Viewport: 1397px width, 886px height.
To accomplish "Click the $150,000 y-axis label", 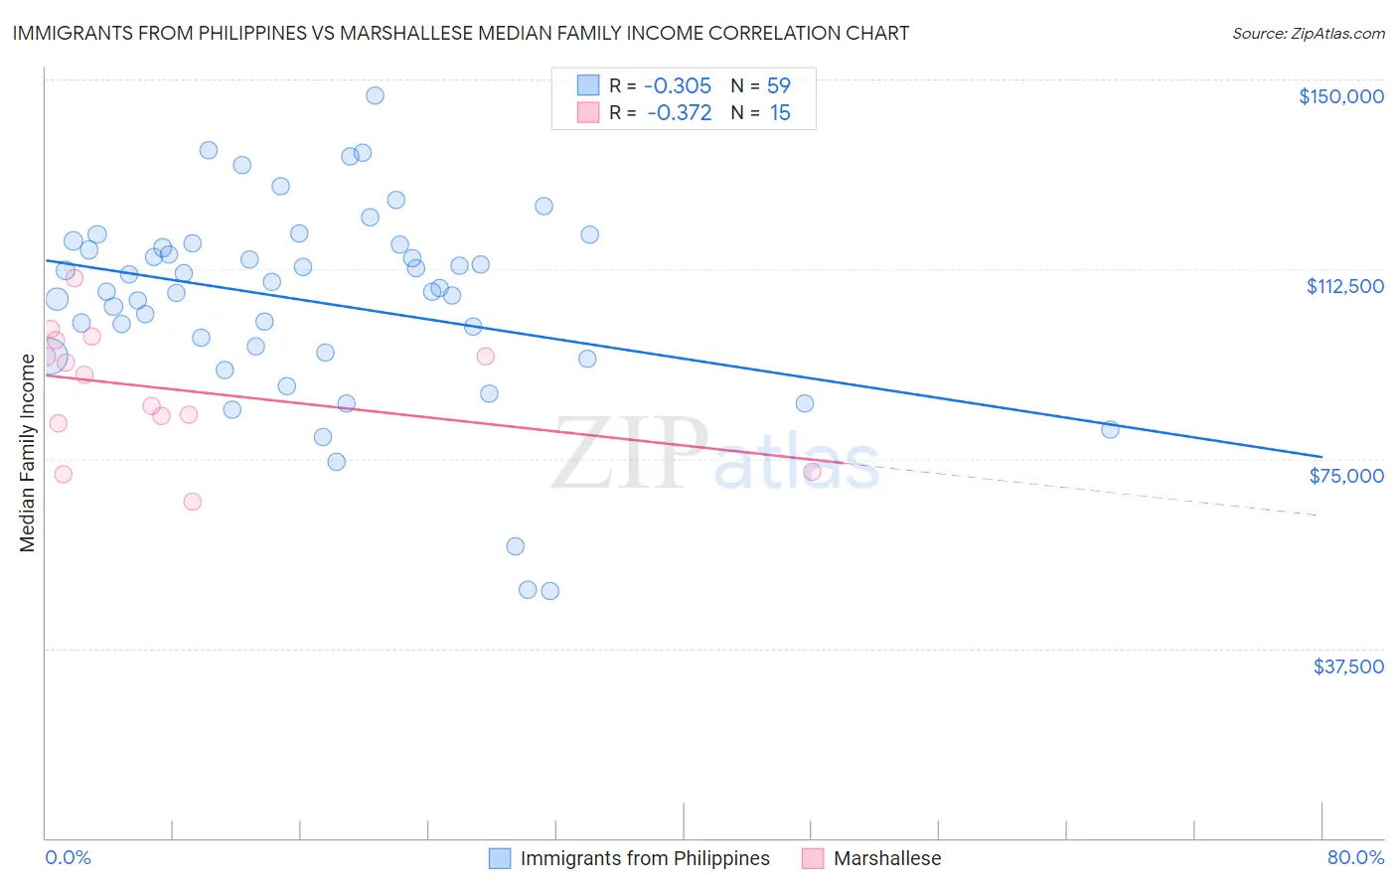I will (1340, 96).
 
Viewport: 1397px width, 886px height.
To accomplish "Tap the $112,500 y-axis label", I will (1344, 286).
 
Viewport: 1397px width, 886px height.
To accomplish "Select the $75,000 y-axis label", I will (1346, 476).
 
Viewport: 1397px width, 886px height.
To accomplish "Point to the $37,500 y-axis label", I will (1347, 666).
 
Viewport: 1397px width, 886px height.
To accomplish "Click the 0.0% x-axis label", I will (68, 857).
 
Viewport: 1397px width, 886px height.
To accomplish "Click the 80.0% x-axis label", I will (1355, 857).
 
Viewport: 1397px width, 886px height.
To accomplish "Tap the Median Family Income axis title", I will (28, 453).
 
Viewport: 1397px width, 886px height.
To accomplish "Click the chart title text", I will (460, 33).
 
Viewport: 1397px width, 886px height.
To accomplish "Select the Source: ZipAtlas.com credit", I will (1308, 34).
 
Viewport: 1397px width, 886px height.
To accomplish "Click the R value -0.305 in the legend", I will (677, 86).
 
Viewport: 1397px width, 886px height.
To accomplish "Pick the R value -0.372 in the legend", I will (679, 113).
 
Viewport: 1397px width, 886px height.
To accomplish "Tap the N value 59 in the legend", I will (778, 86).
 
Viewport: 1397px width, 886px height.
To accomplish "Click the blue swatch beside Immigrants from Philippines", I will (500, 858).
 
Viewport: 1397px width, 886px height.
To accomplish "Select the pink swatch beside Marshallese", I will (813, 858).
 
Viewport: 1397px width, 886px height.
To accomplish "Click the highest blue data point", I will (375, 95).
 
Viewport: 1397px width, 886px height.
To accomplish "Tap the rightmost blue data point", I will (1110, 429).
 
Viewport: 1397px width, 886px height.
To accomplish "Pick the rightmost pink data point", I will (812, 472).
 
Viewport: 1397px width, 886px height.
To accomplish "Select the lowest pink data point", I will (193, 502).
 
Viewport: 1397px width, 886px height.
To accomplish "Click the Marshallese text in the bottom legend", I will (886, 858).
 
